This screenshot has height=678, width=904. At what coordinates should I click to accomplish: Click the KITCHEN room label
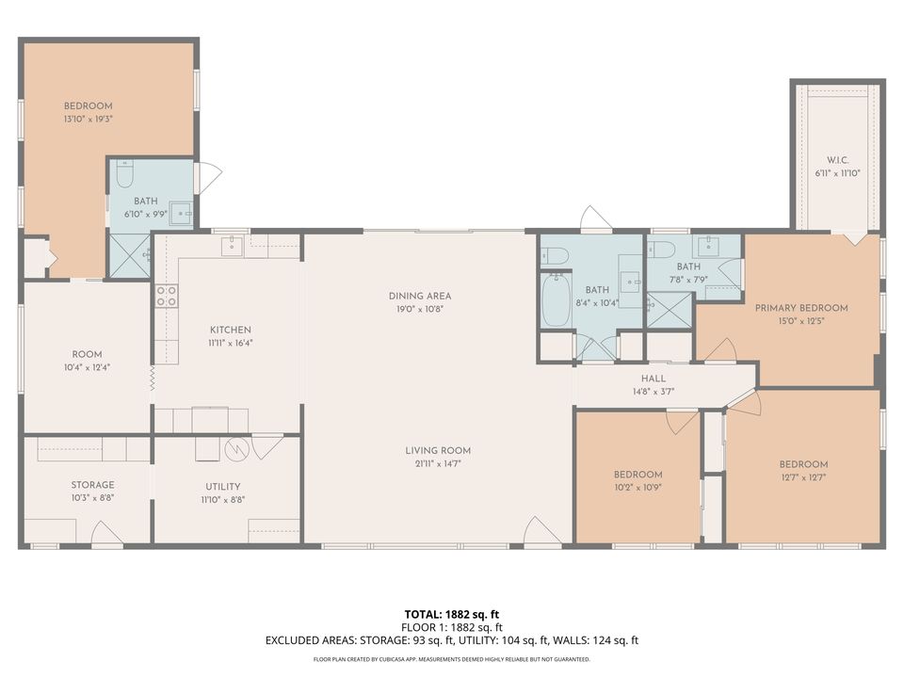pyautogui.click(x=230, y=330)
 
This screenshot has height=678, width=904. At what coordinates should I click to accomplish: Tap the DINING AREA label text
pyautogui.click(x=420, y=296)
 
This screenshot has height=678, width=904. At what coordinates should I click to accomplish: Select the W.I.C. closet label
pyautogui.click(x=837, y=159)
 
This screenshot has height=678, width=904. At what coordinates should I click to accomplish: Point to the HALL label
pyautogui.click(x=654, y=379)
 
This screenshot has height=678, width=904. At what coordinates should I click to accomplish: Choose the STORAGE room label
pyautogui.click(x=92, y=485)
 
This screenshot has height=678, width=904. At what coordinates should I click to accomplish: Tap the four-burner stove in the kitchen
pyautogui.click(x=166, y=297)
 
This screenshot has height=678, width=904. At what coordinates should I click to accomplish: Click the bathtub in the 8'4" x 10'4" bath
pyautogui.click(x=556, y=299)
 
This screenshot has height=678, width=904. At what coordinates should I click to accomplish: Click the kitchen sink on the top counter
pyautogui.click(x=232, y=247)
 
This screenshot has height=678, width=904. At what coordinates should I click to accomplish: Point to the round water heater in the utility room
pyautogui.click(x=238, y=449)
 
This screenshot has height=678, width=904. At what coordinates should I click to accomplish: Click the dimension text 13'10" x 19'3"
pyautogui.click(x=88, y=120)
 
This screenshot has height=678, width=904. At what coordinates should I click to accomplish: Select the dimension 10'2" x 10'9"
pyautogui.click(x=638, y=488)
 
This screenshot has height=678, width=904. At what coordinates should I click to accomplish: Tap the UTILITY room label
pyautogui.click(x=223, y=487)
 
